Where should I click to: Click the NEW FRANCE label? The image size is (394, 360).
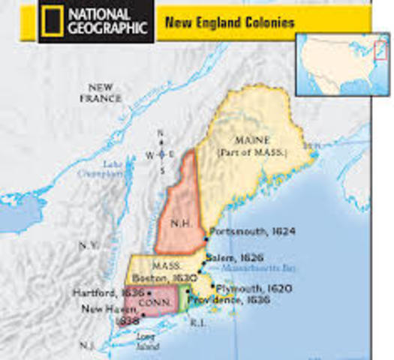pyautogui.click(x=101, y=93)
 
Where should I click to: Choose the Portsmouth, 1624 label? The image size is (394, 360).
pyautogui.click(x=245, y=232)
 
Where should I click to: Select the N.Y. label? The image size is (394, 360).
pyautogui.click(x=88, y=245)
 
